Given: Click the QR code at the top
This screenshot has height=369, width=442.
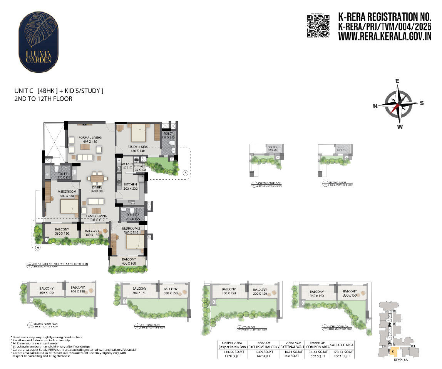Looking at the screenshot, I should [x=318, y=26].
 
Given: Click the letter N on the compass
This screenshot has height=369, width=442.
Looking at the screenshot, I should [x=375, y=106].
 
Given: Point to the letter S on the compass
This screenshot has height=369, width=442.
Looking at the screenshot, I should [x=422, y=103].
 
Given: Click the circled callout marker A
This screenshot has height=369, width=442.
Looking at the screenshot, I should [x=38, y=248].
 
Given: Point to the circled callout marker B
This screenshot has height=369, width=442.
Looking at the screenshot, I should [x=186, y=173].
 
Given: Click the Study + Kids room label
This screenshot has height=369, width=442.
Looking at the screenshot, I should [x=137, y=149].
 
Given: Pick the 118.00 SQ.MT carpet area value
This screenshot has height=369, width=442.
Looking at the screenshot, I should [x=231, y=352].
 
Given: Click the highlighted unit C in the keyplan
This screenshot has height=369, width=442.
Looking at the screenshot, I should [x=393, y=351].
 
